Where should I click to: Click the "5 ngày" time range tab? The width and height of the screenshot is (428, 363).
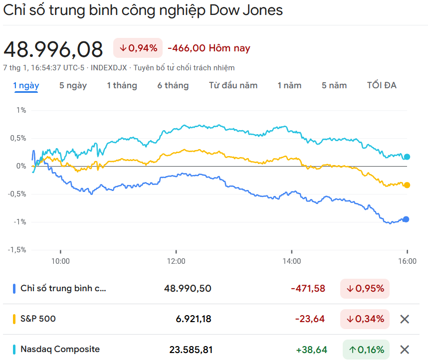[x=73, y=85]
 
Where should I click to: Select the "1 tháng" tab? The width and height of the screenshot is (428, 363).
[x=122, y=85]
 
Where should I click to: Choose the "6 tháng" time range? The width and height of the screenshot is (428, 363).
[x=173, y=85]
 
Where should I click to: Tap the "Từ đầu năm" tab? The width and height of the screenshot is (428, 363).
[x=233, y=85]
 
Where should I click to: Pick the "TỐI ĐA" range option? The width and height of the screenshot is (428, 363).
[x=382, y=85]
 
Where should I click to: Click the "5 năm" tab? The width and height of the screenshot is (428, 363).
[x=334, y=85]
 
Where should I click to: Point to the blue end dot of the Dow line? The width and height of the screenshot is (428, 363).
[x=406, y=219]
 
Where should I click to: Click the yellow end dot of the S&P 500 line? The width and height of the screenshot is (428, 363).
[x=407, y=185]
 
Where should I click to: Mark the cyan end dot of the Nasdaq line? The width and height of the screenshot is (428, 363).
[x=407, y=157]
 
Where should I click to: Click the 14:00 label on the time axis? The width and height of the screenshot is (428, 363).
[x=292, y=261]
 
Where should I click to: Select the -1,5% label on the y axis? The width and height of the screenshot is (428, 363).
[x=17, y=250]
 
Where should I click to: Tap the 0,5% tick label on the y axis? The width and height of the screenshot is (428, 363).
[x=18, y=138]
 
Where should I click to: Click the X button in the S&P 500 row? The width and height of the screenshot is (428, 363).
[x=405, y=319]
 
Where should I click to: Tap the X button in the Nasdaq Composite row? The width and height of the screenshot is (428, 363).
[x=405, y=350]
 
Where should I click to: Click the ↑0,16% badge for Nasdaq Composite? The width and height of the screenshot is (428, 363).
[x=366, y=350]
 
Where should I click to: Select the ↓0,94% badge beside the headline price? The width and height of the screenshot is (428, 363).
[x=138, y=48]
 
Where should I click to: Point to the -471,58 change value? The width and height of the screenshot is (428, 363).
[x=308, y=288]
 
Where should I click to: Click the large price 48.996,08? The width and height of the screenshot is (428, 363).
[x=53, y=49]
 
